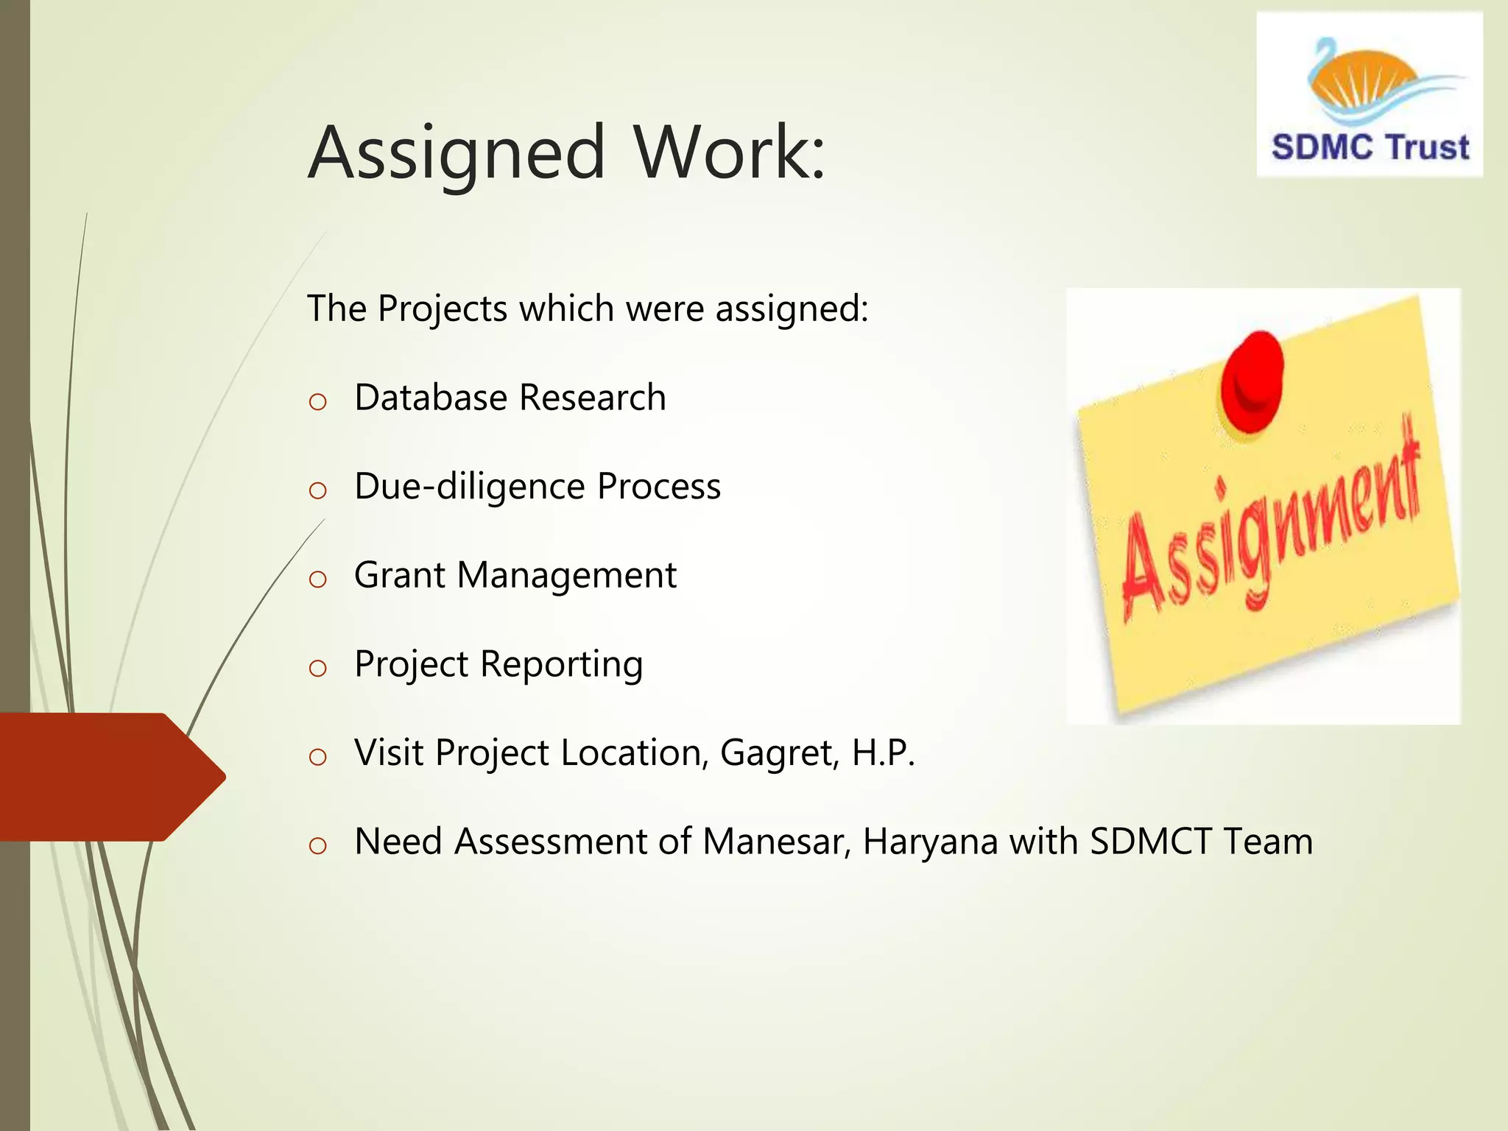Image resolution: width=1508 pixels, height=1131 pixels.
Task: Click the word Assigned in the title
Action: pyautogui.click(x=457, y=153)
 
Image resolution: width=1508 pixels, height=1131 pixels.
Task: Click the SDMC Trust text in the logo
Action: pyautogui.click(x=1370, y=147)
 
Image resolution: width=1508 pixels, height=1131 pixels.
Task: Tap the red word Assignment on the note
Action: pyautogui.click(x=1270, y=523)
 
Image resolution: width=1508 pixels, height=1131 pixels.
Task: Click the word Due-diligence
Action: pyautogui.click(x=470, y=487)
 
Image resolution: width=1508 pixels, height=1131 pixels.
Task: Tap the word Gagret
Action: pyautogui.click(x=779, y=753)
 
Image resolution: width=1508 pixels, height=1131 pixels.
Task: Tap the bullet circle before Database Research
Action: pyautogui.click(x=317, y=402)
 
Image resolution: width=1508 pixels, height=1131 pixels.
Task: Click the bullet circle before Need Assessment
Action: pyautogui.click(x=317, y=846)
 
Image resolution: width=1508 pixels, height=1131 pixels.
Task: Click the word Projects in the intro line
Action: pyautogui.click(x=443, y=309)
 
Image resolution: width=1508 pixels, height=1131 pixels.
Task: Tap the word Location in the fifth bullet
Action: pyautogui.click(x=633, y=753)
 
